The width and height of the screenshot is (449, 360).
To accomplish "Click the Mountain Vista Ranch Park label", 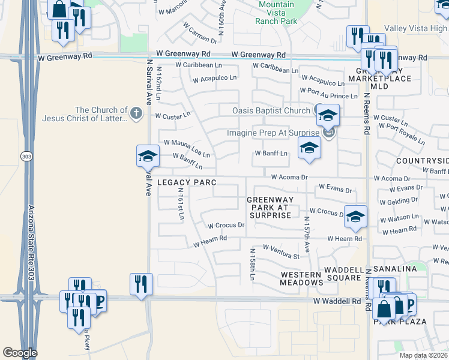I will point(277,13).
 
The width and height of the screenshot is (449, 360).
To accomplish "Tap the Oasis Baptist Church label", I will point(271,110).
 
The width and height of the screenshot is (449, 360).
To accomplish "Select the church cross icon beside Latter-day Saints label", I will point(137,112).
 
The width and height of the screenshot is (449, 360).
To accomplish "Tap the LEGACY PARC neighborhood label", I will point(186,182).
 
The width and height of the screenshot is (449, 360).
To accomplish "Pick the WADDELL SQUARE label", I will point(345,269).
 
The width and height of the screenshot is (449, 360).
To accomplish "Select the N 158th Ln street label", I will point(253,264).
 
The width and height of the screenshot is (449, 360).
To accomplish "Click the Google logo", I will point(20,353).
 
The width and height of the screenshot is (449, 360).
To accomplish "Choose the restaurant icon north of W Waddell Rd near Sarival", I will point(141,284).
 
